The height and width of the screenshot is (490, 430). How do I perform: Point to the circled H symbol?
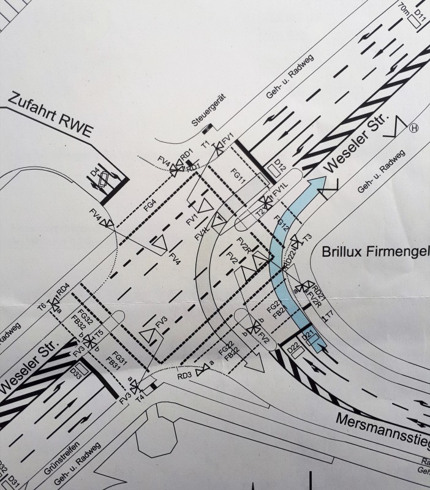point(414,128)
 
